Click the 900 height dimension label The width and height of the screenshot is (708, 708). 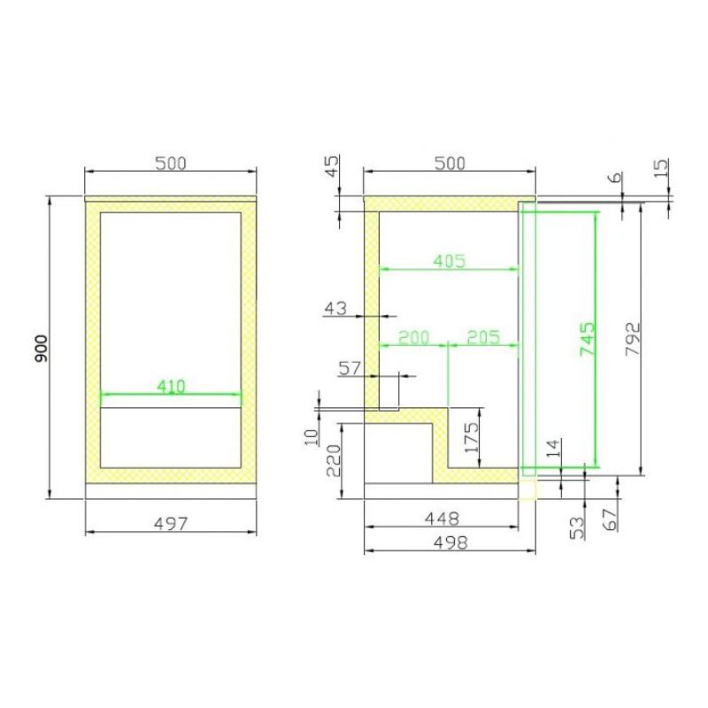41,348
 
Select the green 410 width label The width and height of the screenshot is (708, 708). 171,387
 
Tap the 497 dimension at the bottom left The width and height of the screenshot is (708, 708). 171,524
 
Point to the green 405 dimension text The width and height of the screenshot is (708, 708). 450,261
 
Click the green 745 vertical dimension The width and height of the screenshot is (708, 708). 588,338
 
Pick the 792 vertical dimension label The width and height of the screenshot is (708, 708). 633,339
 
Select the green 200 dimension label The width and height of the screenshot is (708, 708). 413,337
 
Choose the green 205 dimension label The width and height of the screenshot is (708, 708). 483,337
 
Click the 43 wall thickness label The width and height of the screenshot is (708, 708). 336,308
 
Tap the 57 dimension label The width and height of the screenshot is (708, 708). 350,368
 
